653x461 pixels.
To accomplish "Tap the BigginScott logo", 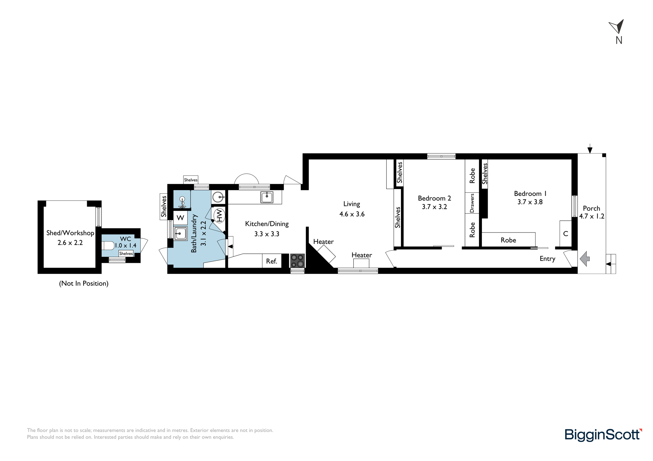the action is tap(603, 435).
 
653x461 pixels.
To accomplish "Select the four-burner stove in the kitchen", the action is tap(297, 261).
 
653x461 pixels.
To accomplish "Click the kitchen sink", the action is tap(267, 197).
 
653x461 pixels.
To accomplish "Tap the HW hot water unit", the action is tap(219, 216).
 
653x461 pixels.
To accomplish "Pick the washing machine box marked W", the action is tap(180, 218).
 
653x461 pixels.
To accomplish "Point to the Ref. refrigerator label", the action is tap(272, 261).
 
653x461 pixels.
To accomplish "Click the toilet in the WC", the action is tap(108, 245).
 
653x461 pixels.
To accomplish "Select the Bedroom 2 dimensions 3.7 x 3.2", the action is tap(434, 207).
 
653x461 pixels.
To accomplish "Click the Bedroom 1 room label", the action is tap(530, 193).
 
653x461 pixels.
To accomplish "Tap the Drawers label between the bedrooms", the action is tap(472, 203).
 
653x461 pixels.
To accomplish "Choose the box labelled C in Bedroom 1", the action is tap(566, 233).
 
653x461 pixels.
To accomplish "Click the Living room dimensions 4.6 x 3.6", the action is tap(352, 214).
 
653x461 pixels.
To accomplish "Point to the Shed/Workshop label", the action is tap(70, 233).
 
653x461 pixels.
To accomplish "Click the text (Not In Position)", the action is tap(84, 283).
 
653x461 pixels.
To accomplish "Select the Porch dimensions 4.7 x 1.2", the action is tap(592, 216).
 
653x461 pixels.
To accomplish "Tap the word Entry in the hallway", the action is tap(548, 259).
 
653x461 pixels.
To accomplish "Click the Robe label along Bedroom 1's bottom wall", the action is tap(508, 240).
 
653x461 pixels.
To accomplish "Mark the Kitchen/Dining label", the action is tap(267, 224).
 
